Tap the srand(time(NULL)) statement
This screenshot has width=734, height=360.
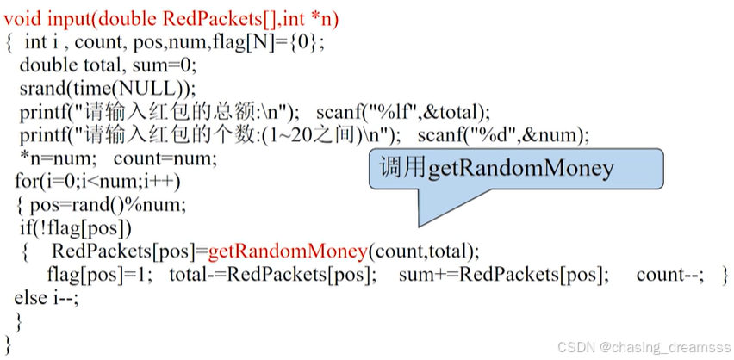click(108, 88)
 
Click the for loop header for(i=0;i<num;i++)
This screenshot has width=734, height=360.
click(97, 182)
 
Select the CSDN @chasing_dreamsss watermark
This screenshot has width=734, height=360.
click(642, 346)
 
